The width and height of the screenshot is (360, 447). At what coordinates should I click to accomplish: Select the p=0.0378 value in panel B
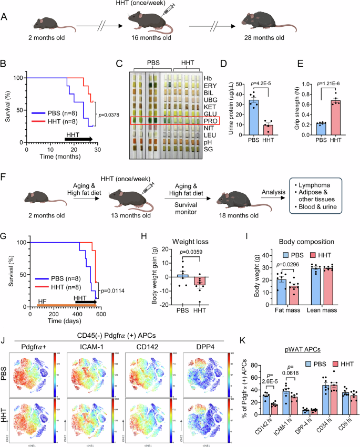pyautogui.click(x=111, y=111)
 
